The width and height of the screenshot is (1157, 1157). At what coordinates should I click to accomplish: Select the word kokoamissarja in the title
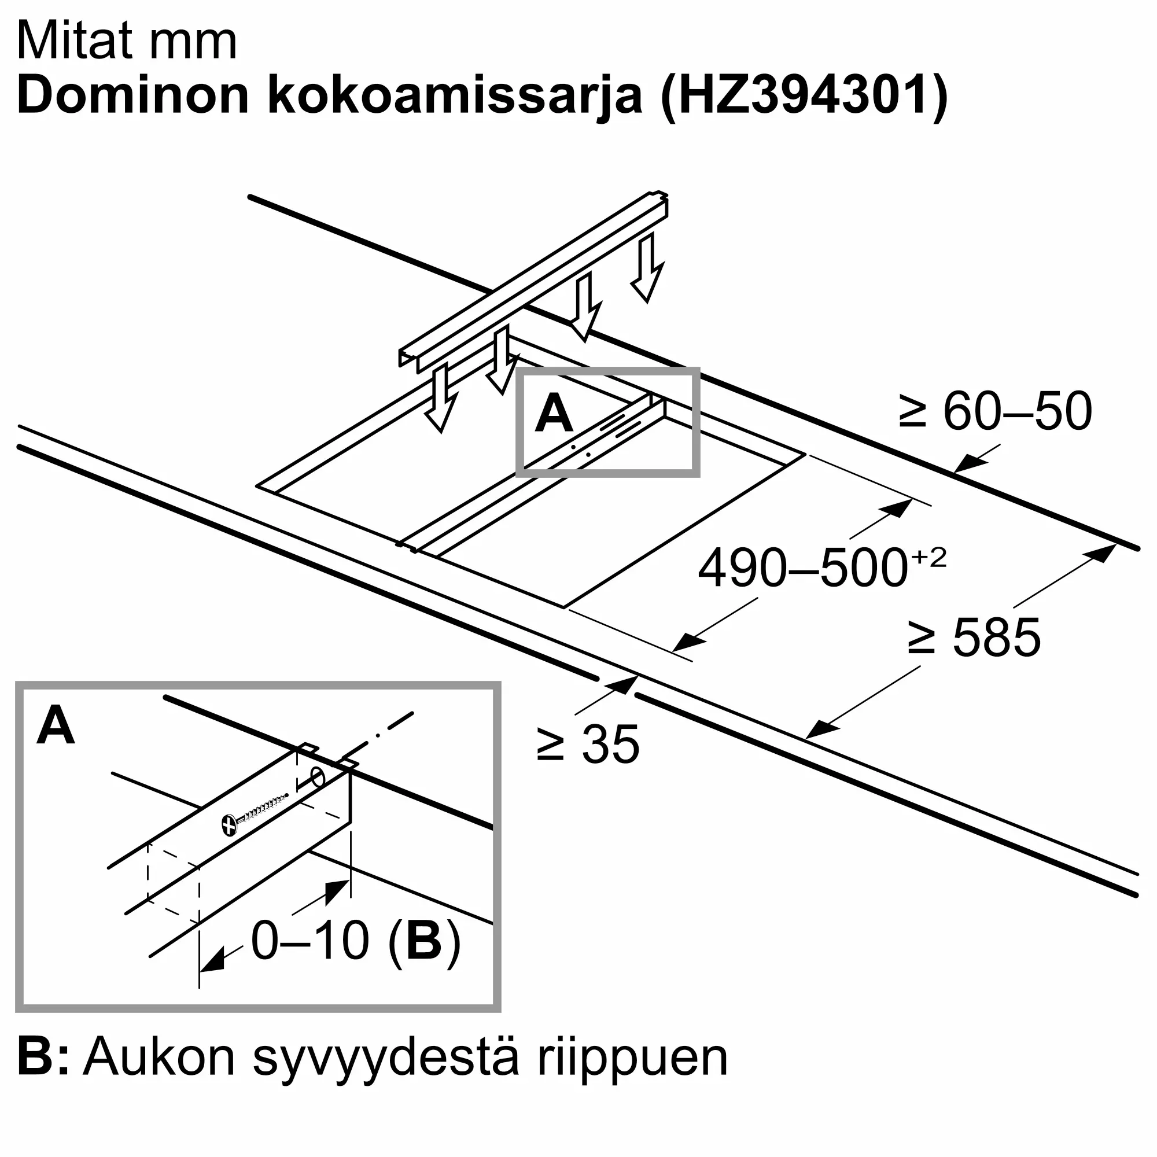tap(455, 96)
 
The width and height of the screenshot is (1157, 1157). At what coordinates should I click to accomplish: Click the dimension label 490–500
tap(802, 568)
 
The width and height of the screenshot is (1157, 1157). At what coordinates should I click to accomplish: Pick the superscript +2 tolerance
tap(929, 557)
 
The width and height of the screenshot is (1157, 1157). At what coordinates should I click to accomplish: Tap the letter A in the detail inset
tap(56, 726)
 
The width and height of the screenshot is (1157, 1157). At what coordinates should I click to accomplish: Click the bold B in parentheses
tap(424, 941)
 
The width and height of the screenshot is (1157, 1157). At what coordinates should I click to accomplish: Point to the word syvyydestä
tap(385, 1060)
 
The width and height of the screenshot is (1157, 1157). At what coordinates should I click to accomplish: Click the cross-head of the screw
tap(229, 824)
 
